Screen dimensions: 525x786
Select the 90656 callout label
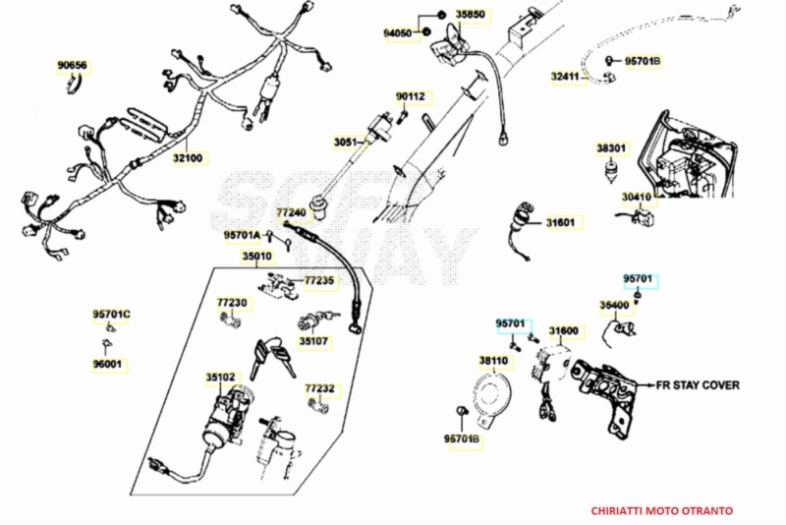tap(72, 66)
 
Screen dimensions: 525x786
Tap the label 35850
tap(471, 15)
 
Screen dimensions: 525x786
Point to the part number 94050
tap(398, 32)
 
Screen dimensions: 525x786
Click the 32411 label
tap(565, 76)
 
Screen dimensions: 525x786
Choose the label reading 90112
tap(411, 96)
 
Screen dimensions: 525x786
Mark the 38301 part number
tap(611, 148)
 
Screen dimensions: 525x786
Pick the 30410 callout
tap(637, 197)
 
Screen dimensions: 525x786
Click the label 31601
tap(560, 222)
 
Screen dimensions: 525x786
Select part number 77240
tap(291, 212)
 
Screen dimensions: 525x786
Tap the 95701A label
tap(242, 235)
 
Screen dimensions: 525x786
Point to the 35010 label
tap(257, 257)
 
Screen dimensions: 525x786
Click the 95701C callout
tap(112, 315)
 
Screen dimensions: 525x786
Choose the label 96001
tap(109, 364)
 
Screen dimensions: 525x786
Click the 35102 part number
tap(220, 377)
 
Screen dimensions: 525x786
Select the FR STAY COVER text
tap(698, 385)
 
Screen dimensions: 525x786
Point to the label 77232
tap(319, 387)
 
